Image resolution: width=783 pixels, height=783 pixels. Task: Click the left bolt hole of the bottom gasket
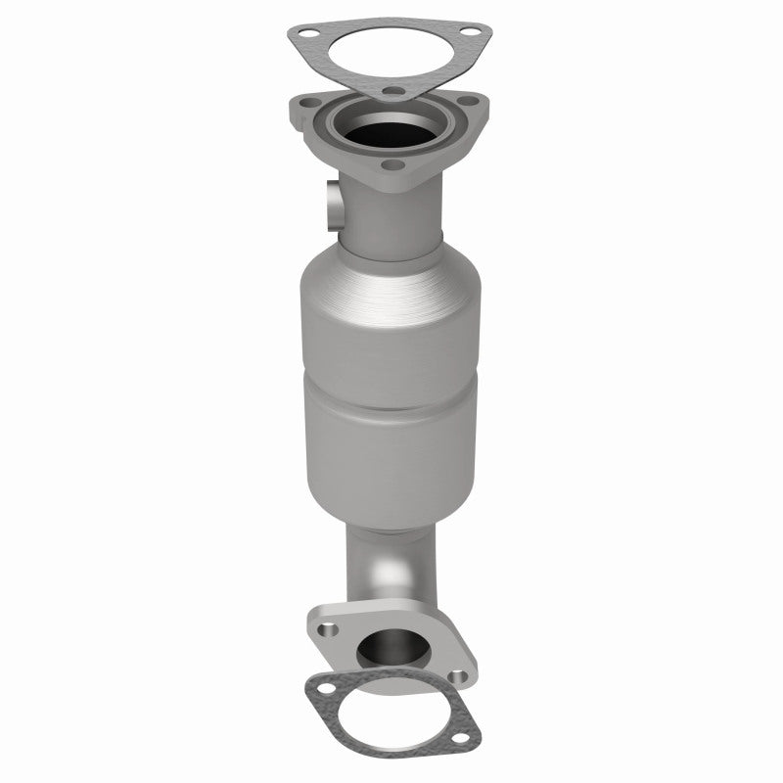click(x=323, y=699)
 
